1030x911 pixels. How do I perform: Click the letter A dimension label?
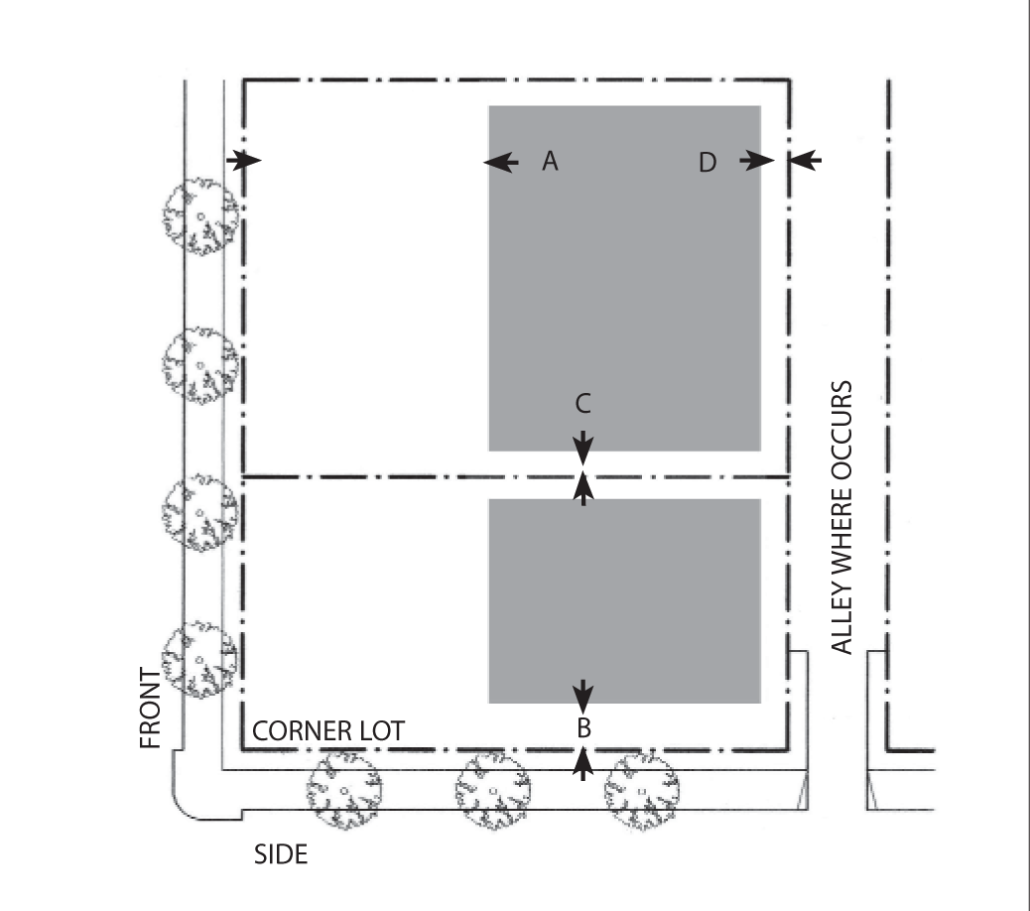551,161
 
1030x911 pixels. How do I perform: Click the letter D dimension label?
707,162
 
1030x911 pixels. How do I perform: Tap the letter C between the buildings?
583,403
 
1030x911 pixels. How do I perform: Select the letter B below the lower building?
583,727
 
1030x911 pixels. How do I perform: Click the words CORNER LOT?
328,731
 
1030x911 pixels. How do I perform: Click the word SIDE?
281,854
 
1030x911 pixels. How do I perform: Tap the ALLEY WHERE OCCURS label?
841,517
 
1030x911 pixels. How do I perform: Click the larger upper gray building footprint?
624,278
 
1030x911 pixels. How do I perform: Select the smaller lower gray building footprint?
624,600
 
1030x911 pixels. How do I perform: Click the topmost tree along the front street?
201,216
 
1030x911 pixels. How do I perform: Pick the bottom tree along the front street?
201,660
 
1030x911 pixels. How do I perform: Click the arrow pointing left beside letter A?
500,161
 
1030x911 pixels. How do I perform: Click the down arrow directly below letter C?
583,446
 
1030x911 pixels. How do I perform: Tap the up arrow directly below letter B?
583,762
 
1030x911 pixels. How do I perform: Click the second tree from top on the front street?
201,366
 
